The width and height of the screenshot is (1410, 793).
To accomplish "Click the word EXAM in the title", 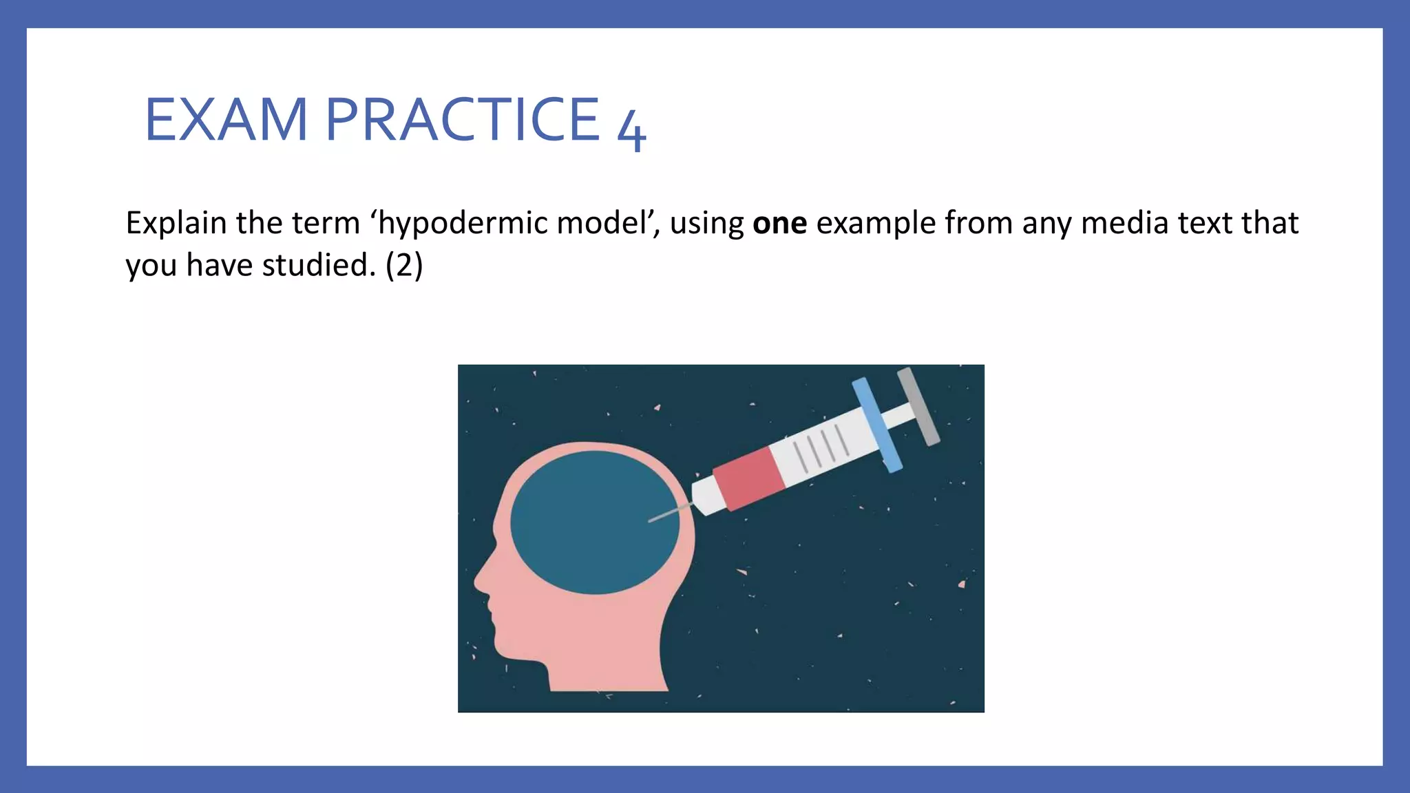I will click(226, 120).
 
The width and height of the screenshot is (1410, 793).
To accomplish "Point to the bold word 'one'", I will click(779, 224).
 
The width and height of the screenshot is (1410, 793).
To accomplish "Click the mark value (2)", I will click(404, 266).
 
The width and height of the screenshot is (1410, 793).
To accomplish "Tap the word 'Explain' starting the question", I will click(176, 224).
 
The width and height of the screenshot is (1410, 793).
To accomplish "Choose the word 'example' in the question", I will click(876, 224).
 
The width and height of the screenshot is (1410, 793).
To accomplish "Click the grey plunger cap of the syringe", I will click(918, 406).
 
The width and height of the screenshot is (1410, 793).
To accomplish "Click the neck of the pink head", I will click(606, 661).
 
